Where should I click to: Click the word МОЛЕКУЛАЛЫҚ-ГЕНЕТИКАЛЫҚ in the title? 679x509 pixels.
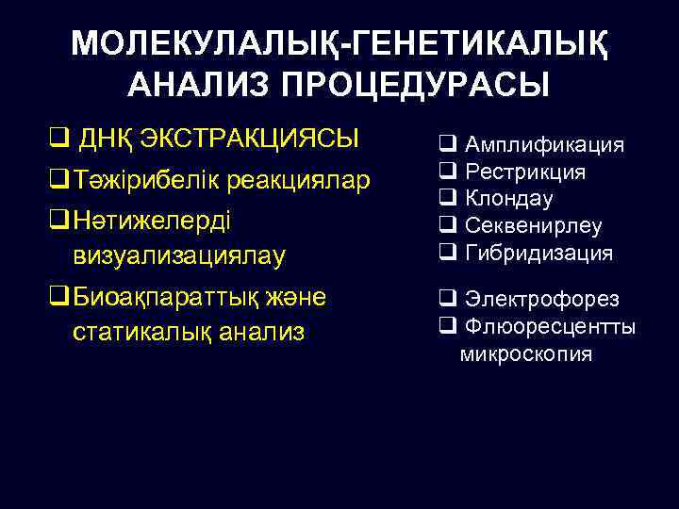pos(339,43)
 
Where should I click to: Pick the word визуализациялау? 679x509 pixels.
pos(178,254)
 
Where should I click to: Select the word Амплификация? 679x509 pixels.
pos(545,144)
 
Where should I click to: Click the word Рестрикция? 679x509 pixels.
pos(525,172)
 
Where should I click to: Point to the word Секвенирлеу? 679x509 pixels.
pos(534,226)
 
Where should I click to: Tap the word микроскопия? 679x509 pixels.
pos(526,354)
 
